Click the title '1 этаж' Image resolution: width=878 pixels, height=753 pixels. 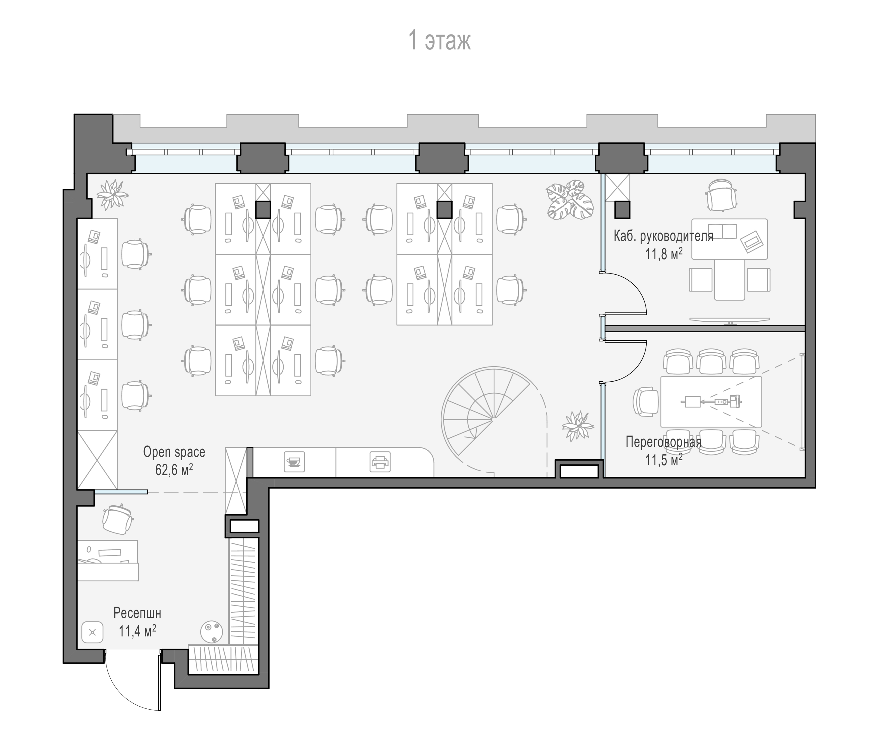(439, 41)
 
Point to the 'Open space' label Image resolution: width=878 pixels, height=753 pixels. (174, 452)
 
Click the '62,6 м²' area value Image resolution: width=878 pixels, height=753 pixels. (174, 470)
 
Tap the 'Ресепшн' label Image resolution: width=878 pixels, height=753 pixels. (137, 614)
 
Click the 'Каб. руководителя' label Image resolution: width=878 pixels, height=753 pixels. (664, 236)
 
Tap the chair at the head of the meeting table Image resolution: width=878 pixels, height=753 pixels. (646, 401)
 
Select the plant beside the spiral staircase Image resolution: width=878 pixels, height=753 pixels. (577, 426)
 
